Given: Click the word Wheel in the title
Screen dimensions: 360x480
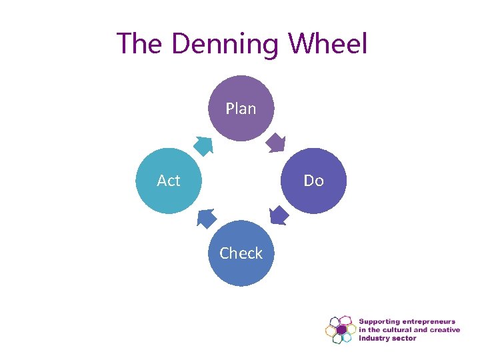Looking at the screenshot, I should click(328, 44).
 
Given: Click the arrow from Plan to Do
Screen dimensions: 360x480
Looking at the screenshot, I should click(276, 143).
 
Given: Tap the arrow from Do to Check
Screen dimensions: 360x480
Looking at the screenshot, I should click(279, 215).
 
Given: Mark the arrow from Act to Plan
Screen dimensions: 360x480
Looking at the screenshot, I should click(203, 145).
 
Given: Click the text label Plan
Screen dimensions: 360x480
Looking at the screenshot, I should click(241, 108).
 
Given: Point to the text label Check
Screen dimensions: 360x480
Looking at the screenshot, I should click(241, 253).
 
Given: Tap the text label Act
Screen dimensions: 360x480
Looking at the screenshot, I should click(169, 181).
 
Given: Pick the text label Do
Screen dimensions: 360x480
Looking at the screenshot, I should click(313, 181).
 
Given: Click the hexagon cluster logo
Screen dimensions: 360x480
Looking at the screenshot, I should click(340, 329).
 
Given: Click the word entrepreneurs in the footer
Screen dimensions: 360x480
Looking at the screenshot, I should click(433, 322).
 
